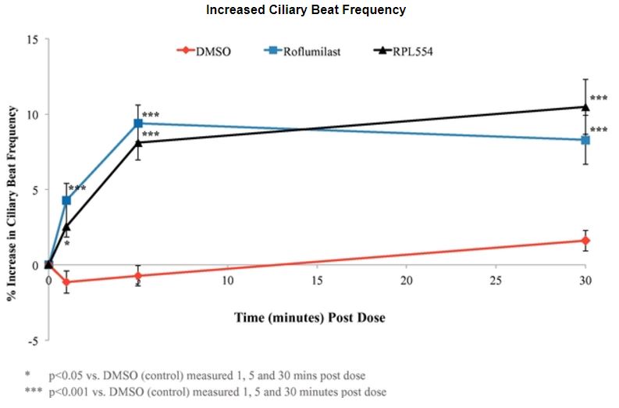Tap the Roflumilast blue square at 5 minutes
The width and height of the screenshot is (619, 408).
click(x=138, y=123)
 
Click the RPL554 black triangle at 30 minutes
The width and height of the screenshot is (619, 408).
click(x=585, y=106)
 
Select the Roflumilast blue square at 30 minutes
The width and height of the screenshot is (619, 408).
click(x=585, y=140)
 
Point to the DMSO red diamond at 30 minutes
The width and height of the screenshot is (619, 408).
click(x=585, y=241)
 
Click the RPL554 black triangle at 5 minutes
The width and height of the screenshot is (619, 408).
click(x=138, y=142)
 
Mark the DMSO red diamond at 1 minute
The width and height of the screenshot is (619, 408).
click(x=66, y=281)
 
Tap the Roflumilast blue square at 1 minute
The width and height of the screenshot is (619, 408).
click(x=66, y=201)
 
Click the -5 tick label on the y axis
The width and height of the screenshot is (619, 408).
click(x=32, y=341)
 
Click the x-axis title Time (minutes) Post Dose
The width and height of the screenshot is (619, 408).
click(x=310, y=318)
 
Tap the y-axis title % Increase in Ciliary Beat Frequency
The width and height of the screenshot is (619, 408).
click(x=12, y=190)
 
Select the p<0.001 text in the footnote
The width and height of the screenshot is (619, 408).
click(x=79, y=392)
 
